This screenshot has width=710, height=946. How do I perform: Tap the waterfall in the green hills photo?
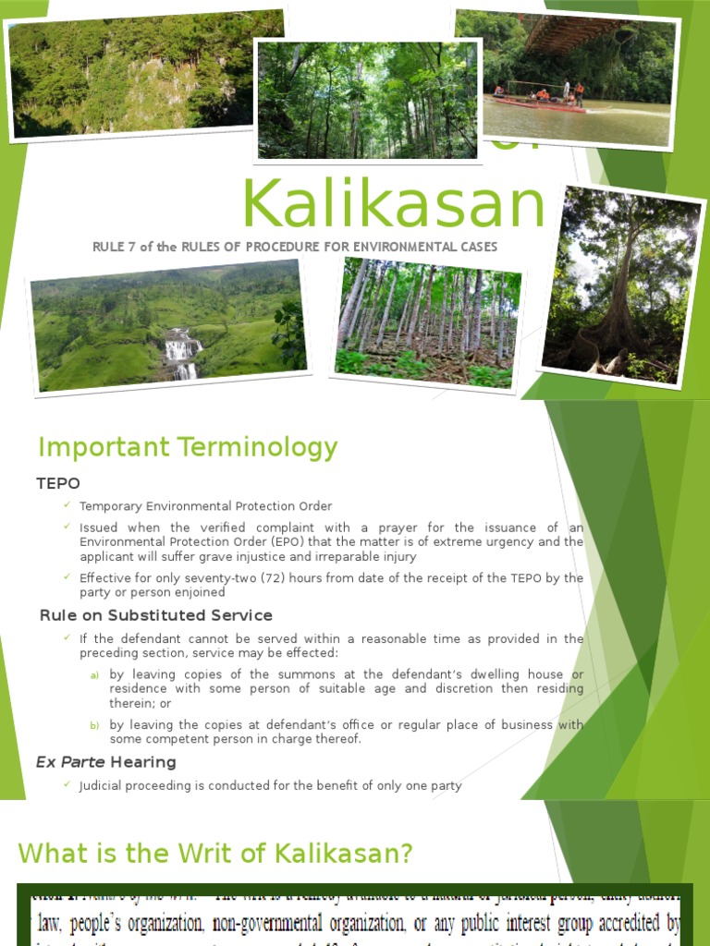coord(182,352)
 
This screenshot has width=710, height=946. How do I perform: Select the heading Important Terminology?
coord(188,448)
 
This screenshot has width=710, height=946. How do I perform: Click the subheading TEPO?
coord(58,484)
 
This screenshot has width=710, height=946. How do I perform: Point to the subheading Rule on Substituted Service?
coord(156,615)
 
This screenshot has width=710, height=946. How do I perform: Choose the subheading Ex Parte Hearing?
coord(105,762)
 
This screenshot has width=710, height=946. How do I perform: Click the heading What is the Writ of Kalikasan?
coord(214,853)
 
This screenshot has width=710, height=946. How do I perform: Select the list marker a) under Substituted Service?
coord(94,675)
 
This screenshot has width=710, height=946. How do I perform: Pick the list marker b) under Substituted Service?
coord(94,726)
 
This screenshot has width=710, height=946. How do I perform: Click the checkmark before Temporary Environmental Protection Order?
coord(67,505)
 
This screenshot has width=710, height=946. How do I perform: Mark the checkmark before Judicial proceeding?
coord(67,785)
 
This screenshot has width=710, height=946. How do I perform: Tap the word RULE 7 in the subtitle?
coord(116,247)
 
